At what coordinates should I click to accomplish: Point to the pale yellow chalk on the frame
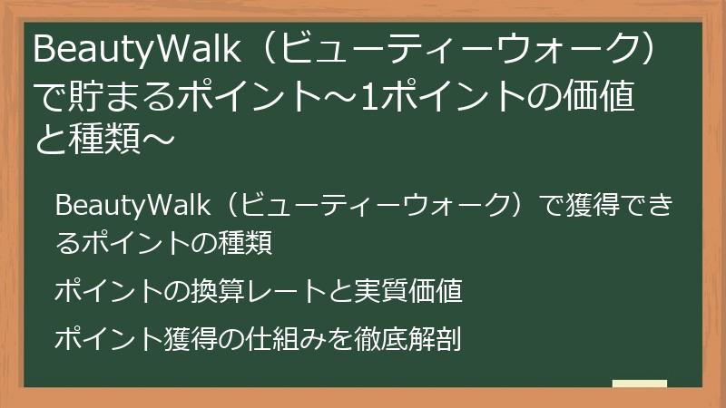tap(640, 384)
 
